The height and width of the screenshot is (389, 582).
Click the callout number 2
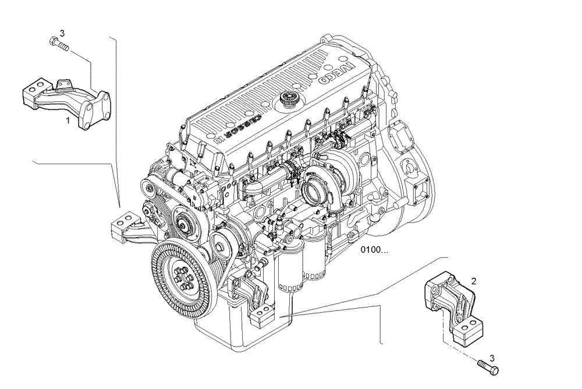pyautogui.click(x=474, y=281)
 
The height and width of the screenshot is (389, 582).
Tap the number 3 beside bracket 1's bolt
pyautogui.click(x=62, y=33)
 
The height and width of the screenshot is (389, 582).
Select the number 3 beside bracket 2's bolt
pyautogui.click(x=492, y=358)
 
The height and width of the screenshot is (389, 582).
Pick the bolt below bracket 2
pyautogui.click(x=488, y=366)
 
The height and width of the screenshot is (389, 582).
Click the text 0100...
pyautogui.click(x=374, y=250)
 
